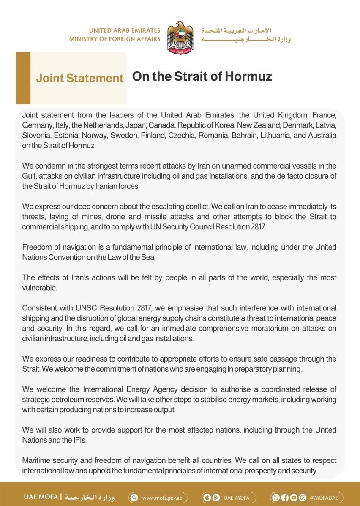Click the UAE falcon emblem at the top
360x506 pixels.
click(180, 37)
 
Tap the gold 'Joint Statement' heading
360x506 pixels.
click(80, 78)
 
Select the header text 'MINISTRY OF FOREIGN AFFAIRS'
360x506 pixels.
click(115, 39)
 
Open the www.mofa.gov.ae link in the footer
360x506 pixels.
click(162, 498)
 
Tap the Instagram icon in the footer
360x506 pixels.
click(302, 498)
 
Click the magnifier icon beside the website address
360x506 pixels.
click(134, 498)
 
